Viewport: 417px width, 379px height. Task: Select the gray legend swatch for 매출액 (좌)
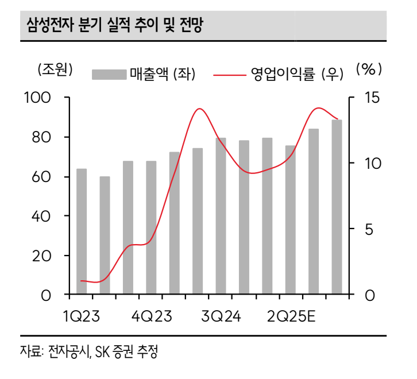pos(109,74)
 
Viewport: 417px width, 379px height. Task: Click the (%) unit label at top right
pos(369,69)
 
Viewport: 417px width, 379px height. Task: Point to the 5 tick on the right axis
pos(370,229)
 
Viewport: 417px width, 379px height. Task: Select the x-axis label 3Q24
pos(221,316)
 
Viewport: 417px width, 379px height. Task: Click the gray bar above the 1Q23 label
pos(82,231)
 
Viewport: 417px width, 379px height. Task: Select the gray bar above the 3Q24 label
pos(221,216)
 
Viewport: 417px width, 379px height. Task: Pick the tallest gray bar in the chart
pos(337,207)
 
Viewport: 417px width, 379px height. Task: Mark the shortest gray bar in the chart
pos(105,235)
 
